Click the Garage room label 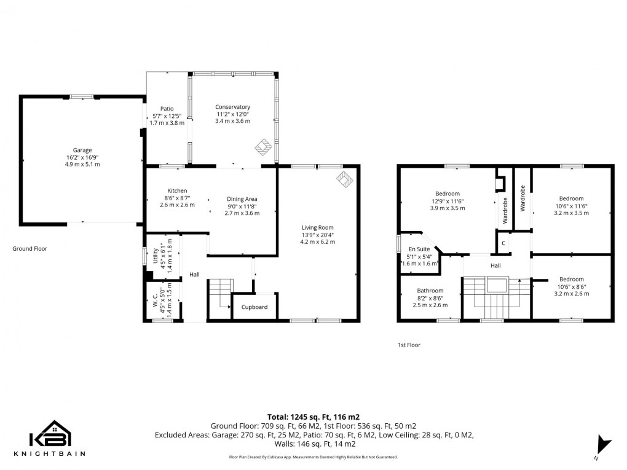[82, 150]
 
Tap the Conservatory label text [232, 107]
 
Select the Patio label [167, 109]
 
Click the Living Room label [317, 227]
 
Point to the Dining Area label [242, 199]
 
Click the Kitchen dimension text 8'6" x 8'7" [177, 198]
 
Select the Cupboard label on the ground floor [254, 307]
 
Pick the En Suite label [419, 249]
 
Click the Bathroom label [430, 291]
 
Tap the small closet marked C [503, 243]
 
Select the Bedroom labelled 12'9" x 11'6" [447, 194]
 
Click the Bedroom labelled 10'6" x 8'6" [571, 280]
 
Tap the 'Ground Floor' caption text [30, 249]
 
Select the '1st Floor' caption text [409, 345]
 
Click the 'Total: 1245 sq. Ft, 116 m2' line [313, 416]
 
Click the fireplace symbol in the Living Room [345, 179]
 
